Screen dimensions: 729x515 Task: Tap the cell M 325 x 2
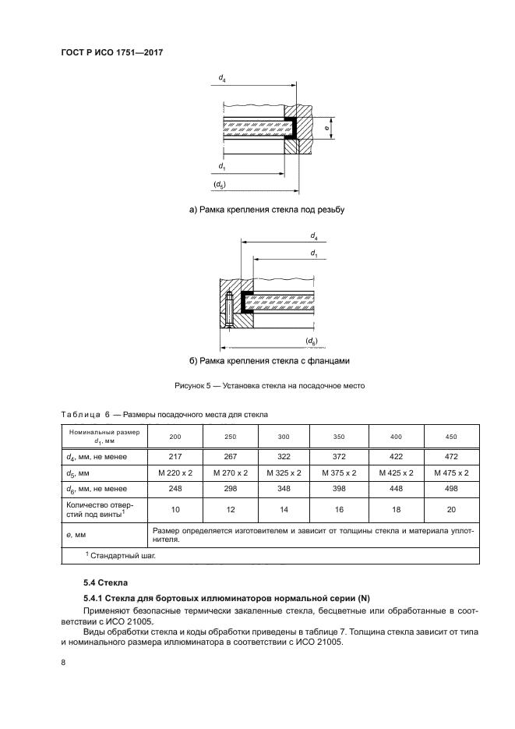[x=283, y=472]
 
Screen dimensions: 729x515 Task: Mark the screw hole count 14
[x=283, y=511]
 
